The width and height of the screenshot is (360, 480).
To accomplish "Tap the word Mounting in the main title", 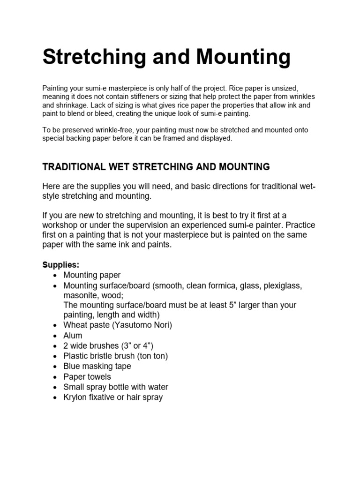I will coord(244,57).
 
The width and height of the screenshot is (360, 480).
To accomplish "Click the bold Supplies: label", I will coord(61,265).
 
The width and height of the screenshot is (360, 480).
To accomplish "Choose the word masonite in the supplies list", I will coord(80,295).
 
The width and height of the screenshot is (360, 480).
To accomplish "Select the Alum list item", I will coord(73,336).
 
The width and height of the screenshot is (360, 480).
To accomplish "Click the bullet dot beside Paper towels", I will coord(56,377).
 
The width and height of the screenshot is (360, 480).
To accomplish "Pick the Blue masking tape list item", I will coord(97,366).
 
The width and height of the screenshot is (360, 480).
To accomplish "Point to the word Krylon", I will coord(76,397).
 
